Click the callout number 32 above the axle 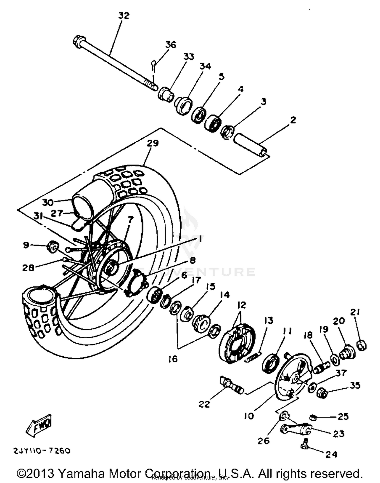(124, 15)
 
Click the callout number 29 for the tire (153, 143)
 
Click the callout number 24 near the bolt (331, 454)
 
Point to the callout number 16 (173, 359)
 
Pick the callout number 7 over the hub (130, 219)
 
